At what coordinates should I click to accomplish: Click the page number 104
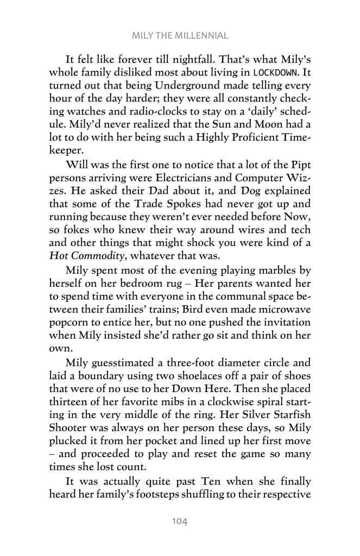179,522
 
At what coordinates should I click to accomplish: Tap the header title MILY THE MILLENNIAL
179,36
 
